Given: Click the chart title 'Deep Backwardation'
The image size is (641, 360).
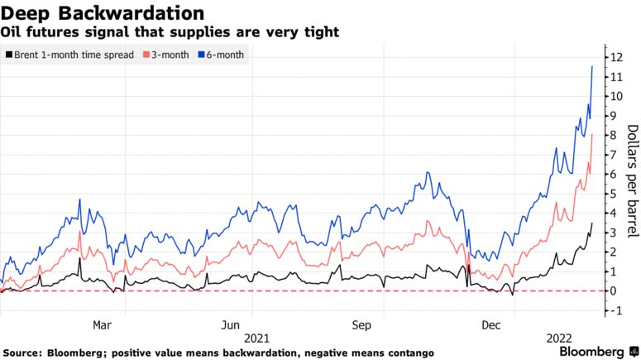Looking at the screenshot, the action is pos(103,12).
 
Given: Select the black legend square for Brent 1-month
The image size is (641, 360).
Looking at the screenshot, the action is pos(8,55).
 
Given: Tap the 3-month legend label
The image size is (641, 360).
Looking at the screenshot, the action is pos(170,55).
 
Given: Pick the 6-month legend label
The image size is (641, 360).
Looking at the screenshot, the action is pos(225,55).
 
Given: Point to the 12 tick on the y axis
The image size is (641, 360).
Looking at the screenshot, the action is pos(616,57).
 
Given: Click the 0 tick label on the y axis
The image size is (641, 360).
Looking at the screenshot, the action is pos(613,290).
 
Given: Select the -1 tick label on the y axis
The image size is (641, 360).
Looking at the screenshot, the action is pos(616,310).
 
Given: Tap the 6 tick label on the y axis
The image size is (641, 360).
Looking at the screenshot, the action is pos(613,175).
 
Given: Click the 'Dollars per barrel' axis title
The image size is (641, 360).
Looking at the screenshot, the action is pos(633,180).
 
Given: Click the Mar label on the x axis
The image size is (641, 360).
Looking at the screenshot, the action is pos(102,325).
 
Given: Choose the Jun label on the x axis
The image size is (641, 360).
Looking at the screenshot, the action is pos(231,325).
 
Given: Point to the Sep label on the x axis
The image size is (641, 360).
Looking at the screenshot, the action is pos(361,325).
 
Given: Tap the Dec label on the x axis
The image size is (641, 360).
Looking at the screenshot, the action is pos(491,325).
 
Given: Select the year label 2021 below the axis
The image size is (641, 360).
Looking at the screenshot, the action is pos(256,338).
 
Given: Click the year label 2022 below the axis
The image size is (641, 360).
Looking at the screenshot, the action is pos(559,338).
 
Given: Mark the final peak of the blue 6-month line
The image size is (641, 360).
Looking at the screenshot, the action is pos(592,66).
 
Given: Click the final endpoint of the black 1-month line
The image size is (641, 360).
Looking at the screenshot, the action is pos(592,223).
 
